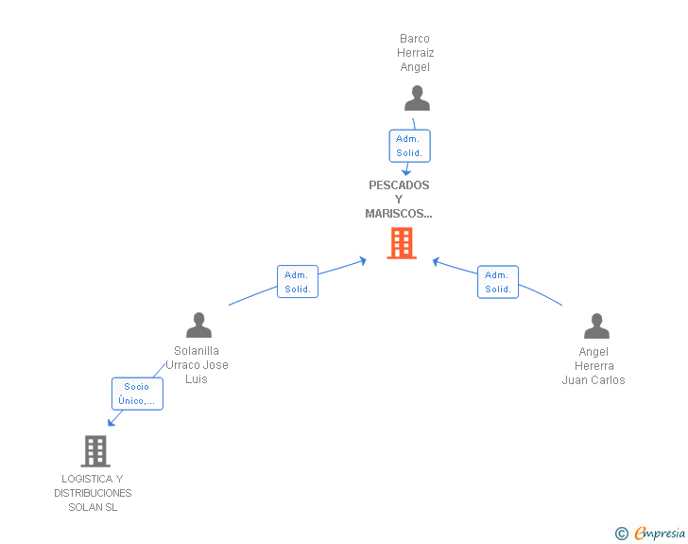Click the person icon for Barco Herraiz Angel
tap(417, 98)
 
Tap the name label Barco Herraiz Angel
tap(415, 53)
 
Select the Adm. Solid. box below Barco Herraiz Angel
tap(409, 146)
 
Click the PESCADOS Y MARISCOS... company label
tap(399, 200)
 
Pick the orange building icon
tap(402, 243)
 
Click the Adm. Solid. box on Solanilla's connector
tap(298, 282)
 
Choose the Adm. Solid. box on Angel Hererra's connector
tap(498, 282)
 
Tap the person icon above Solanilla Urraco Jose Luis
tap(198, 325)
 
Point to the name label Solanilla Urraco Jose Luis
tap(198, 365)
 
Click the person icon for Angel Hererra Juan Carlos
tap(596, 326)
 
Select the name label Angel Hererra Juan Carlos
tap(593, 366)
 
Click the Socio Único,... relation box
tap(137, 394)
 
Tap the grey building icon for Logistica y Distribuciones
tap(95, 451)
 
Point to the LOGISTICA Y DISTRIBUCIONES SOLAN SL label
tap(93, 493)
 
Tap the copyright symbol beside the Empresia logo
tap(622, 534)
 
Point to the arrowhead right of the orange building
tap(437, 260)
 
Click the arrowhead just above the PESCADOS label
tap(405, 171)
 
